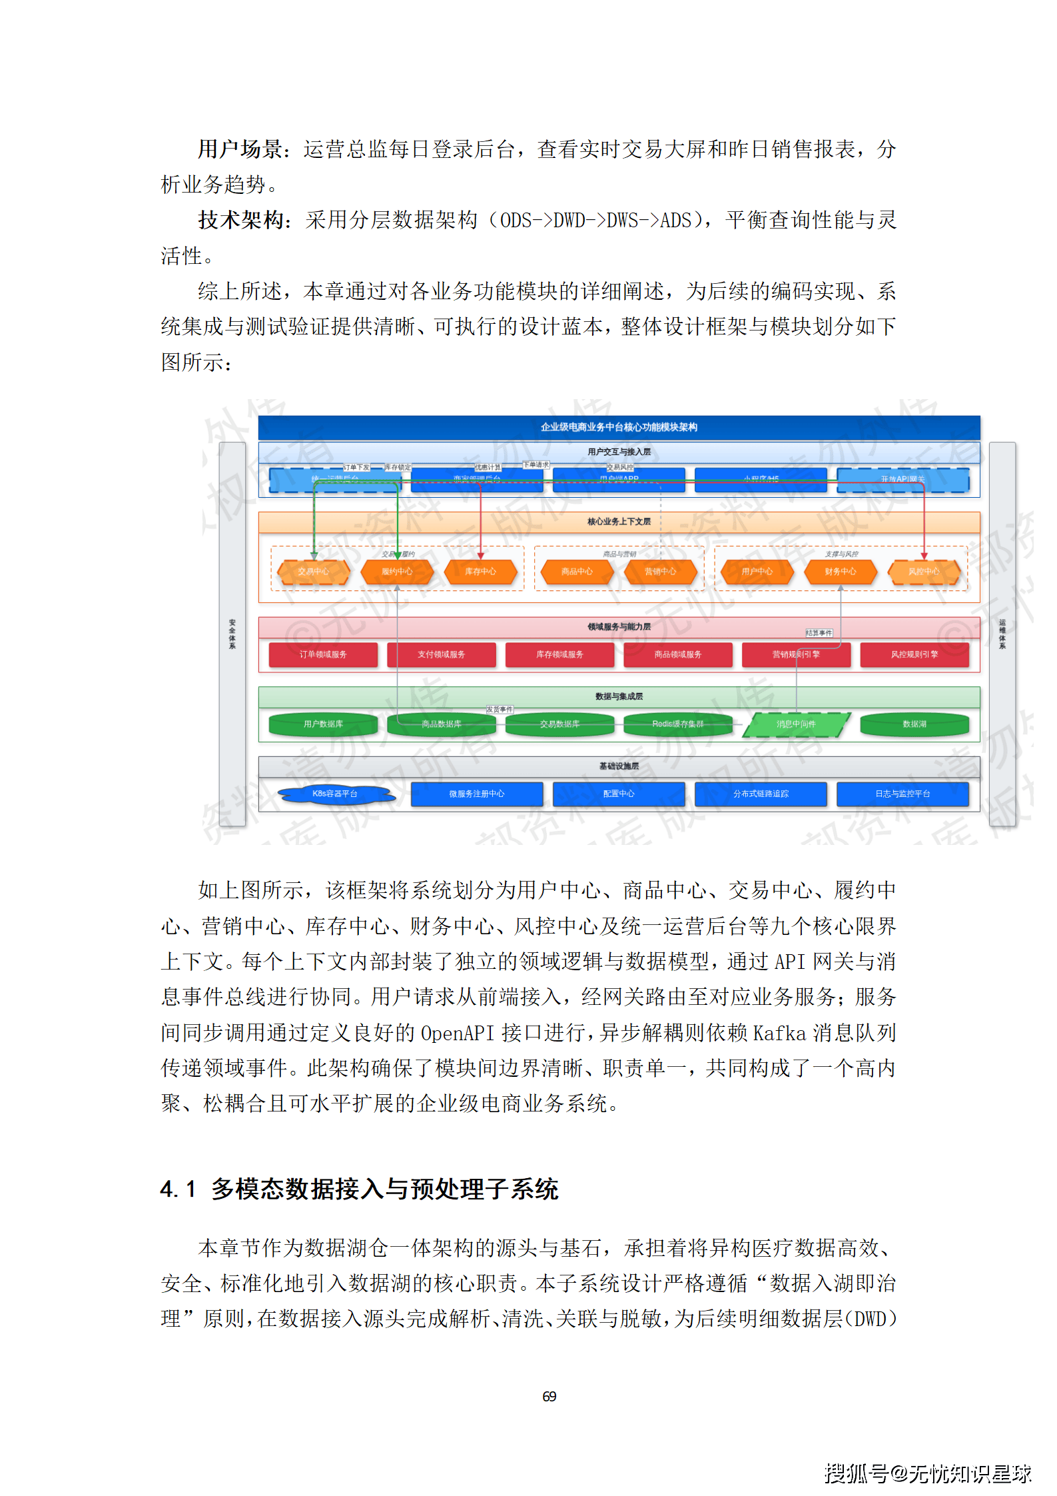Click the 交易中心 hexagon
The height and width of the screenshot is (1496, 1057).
click(313, 572)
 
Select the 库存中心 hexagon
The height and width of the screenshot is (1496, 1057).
click(480, 572)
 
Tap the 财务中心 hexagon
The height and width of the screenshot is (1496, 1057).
click(841, 572)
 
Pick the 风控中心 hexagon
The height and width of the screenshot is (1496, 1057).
click(924, 572)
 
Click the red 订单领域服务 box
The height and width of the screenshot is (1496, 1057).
click(323, 654)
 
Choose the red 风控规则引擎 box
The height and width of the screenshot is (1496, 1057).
click(914, 654)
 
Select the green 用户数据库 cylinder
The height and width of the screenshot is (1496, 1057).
click(323, 724)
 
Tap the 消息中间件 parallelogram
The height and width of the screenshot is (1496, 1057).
click(796, 724)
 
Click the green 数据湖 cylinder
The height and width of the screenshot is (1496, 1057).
click(914, 724)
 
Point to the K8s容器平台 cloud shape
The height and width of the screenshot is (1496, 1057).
click(335, 794)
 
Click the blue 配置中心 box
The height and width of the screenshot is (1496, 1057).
click(619, 794)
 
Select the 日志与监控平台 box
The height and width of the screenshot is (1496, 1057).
click(902, 794)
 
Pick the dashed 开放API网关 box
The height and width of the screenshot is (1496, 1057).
click(902, 480)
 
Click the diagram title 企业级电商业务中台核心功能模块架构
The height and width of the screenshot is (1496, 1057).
click(619, 427)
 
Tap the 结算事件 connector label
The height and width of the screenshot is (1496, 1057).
click(819, 633)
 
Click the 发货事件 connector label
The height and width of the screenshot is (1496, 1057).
click(500, 710)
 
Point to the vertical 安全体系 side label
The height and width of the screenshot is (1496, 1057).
click(232, 634)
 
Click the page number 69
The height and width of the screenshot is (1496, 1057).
click(549, 1396)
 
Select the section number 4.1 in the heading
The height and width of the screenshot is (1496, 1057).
click(178, 1189)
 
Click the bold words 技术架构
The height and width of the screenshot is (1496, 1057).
click(240, 220)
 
